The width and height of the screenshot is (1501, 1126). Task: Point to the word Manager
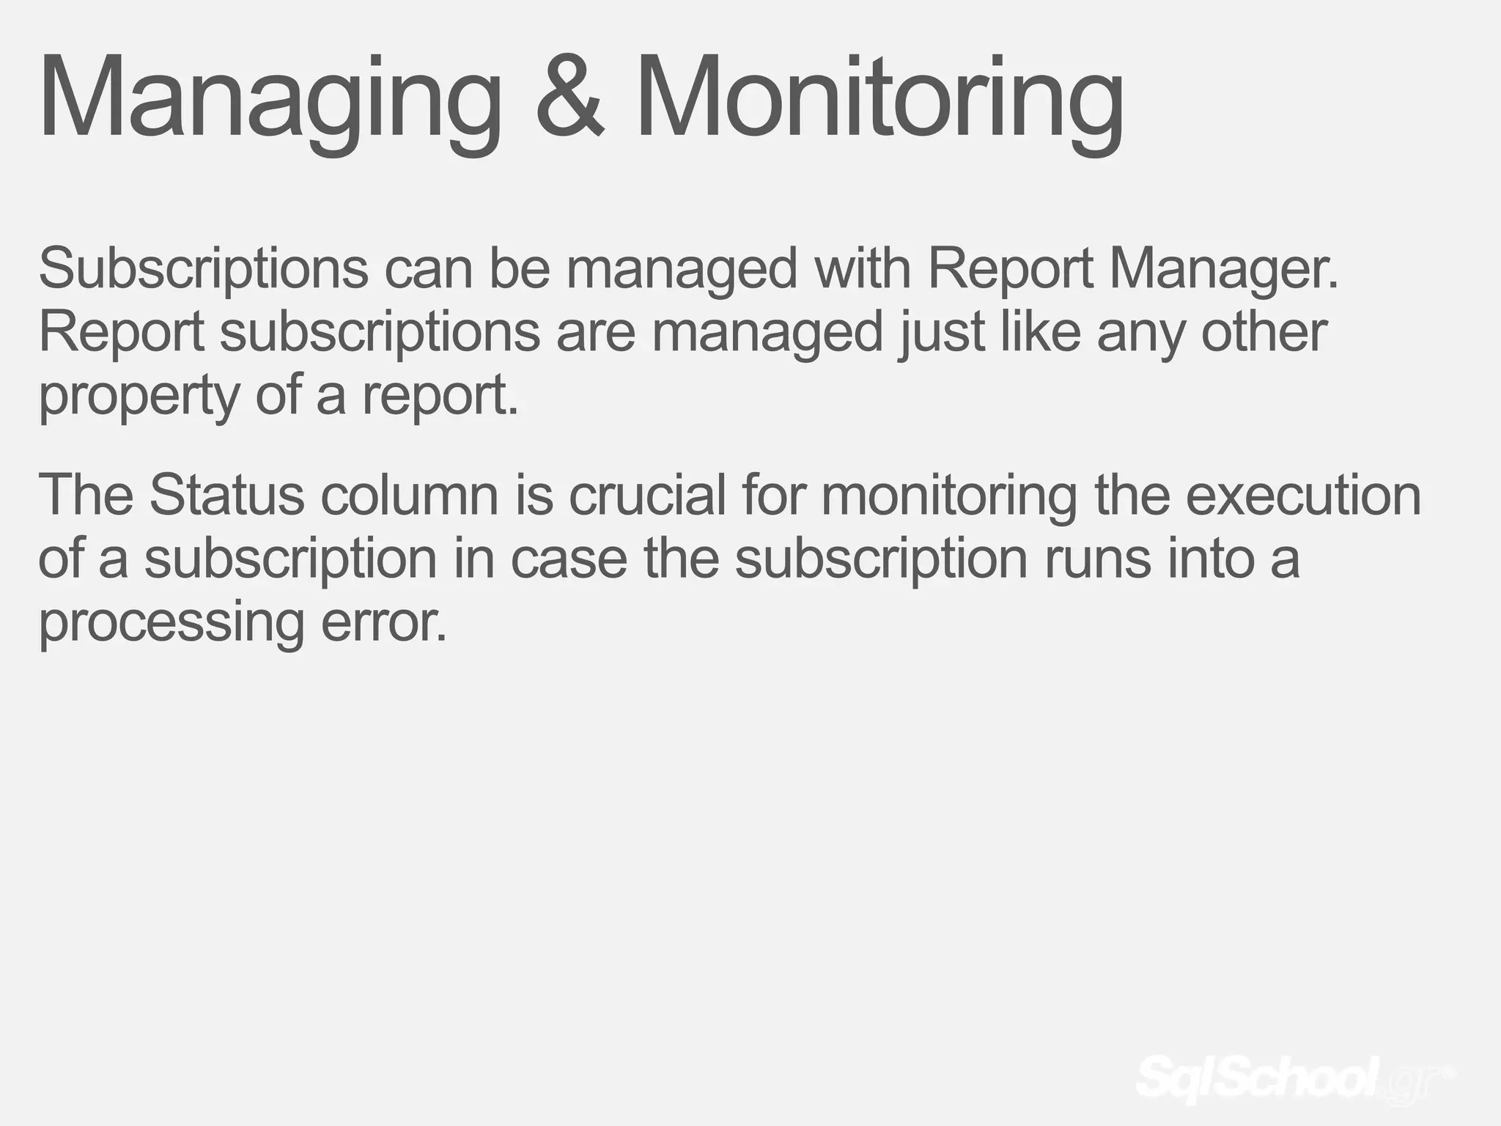point(1224,270)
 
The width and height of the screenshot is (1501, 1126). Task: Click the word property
point(139,396)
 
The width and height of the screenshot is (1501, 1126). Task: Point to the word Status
point(226,495)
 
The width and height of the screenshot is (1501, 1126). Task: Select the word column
point(410,495)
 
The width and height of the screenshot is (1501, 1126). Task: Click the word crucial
point(646,495)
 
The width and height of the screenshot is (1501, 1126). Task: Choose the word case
point(569,559)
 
